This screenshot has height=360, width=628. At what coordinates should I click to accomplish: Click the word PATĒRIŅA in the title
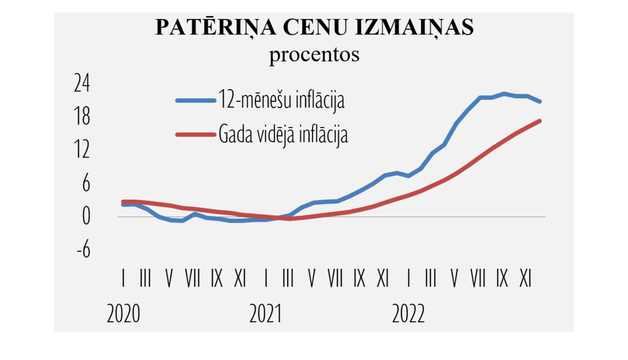tap(216, 28)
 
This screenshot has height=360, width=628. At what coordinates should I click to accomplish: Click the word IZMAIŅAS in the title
tap(414, 28)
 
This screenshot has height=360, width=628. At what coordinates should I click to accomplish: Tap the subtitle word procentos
tap(314, 54)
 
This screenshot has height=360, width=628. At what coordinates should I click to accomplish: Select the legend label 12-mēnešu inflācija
tap(281, 100)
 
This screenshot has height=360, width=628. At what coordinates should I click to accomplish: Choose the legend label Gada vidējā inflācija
tap(283, 135)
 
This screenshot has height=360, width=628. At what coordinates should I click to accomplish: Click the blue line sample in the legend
tap(196, 100)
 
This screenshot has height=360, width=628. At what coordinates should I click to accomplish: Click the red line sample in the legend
tap(196, 134)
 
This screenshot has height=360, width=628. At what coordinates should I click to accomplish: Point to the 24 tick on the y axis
tap(82, 83)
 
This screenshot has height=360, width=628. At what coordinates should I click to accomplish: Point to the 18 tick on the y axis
tap(82, 116)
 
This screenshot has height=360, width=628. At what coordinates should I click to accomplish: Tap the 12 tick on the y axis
tap(82, 149)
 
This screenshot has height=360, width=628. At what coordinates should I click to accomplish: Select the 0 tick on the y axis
tap(86, 216)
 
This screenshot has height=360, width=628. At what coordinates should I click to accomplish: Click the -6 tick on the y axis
tap(84, 249)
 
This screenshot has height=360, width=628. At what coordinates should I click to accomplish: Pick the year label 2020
tap(123, 314)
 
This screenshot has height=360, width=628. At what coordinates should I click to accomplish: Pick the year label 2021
tap(266, 314)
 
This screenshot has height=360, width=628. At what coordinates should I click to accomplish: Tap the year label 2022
tap(408, 314)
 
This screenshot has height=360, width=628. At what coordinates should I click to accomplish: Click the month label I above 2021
tap(266, 278)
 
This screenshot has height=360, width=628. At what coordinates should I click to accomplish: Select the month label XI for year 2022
tap(525, 278)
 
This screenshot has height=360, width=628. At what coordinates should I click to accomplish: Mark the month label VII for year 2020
tap(193, 278)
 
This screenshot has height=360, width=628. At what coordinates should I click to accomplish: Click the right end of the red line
tap(540, 121)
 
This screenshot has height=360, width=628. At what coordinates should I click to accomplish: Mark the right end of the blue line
tap(540, 101)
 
